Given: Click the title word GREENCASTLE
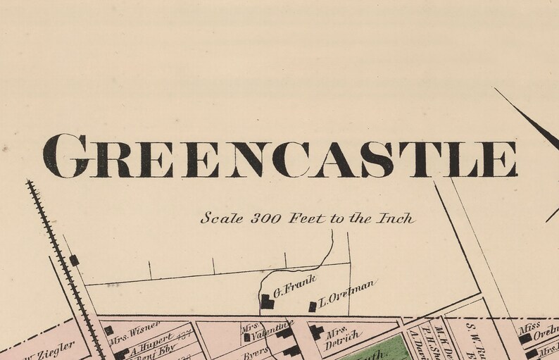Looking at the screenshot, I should (x=279, y=156).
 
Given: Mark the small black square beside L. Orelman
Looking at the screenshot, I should (x=313, y=306).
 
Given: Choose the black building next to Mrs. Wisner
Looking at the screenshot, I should (x=108, y=330).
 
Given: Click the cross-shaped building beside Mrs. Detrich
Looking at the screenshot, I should (x=317, y=331).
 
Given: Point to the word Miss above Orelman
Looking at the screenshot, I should (x=529, y=327).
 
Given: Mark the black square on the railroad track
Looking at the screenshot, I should (x=74, y=261).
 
